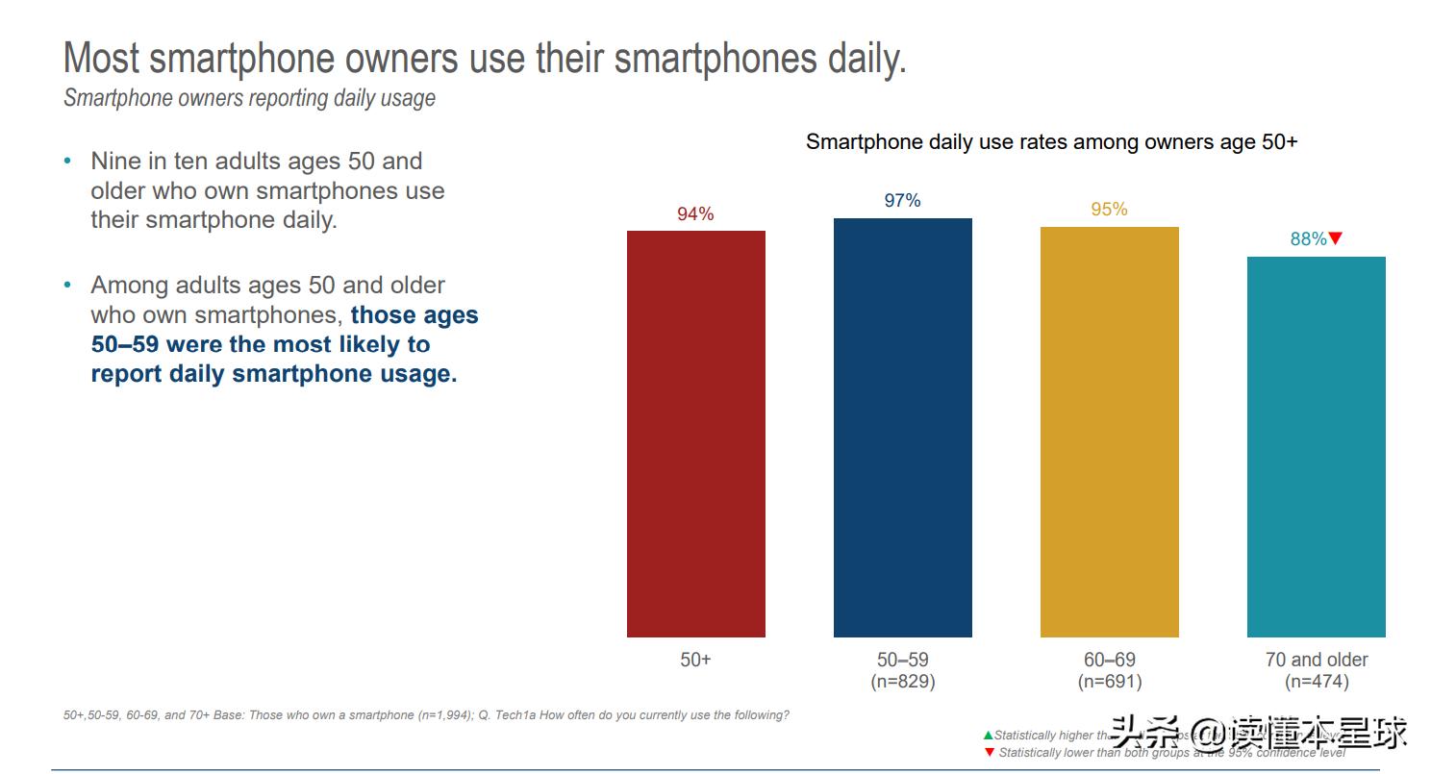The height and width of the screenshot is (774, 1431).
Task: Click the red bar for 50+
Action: coord(695,434)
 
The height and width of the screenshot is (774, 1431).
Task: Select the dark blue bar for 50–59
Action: coord(902,428)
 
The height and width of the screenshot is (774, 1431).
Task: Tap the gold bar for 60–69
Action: coord(1109,432)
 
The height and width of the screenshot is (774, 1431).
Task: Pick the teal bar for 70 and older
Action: coord(1316,447)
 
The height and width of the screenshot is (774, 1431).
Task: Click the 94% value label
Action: coord(695,213)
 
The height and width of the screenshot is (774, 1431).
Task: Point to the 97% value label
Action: coord(902,200)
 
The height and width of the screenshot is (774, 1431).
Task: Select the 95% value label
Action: coord(1109,209)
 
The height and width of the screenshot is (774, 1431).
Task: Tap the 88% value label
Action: coord(1308,238)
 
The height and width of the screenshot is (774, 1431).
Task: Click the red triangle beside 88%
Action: coord(1335,237)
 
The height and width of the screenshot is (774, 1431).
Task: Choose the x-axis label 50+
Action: coord(695,660)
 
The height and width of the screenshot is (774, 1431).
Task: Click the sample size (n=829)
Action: coord(902,682)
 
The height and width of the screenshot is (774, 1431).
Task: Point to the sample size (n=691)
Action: coord(1109,682)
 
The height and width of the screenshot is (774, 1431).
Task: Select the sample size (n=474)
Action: coord(1316,682)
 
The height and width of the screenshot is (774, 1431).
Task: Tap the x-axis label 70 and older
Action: coord(1316,660)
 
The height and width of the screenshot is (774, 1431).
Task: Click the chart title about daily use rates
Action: coord(1051,142)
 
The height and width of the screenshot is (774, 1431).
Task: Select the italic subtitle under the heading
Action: coord(249,98)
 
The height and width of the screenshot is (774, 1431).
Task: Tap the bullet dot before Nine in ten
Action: coord(67,161)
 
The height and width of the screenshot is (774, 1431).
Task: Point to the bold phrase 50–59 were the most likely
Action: coord(261,344)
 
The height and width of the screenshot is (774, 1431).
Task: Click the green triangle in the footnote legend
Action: coord(988,736)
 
